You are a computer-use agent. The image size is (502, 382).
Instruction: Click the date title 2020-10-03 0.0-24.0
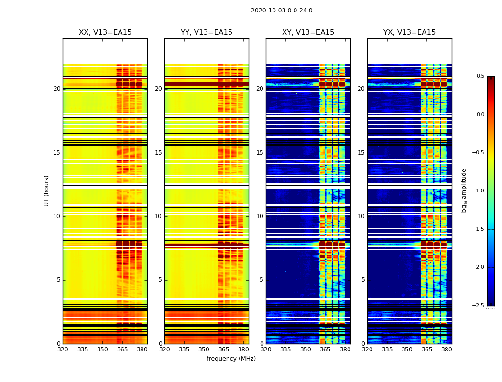(x=282, y=11)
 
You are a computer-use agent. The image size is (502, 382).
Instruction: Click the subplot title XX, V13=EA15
(x=105, y=32)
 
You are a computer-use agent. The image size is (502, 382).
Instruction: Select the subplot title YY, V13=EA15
(x=207, y=32)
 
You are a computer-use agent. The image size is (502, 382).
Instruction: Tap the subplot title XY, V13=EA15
(x=308, y=32)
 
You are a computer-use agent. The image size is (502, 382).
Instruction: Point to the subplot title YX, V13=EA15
(x=409, y=32)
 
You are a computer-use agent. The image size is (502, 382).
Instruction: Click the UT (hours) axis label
(x=47, y=191)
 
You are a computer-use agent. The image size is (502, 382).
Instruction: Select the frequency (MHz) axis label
(x=231, y=359)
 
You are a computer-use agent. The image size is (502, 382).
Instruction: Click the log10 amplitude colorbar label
(x=464, y=191)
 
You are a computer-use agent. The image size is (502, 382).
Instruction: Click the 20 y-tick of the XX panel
(x=57, y=89)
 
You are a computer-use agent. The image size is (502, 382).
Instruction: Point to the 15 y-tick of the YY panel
(x=158, y=153)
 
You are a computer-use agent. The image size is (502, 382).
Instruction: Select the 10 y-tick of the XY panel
(x=260, y=216)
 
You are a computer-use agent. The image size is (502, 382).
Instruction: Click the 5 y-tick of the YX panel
(x=363, y=280)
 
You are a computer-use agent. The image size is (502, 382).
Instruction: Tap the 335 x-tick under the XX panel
(x=83, y=350)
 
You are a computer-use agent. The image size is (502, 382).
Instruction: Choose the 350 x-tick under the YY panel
(x=204, y=350)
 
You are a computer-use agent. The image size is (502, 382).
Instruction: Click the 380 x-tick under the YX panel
(x=447, y=350)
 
